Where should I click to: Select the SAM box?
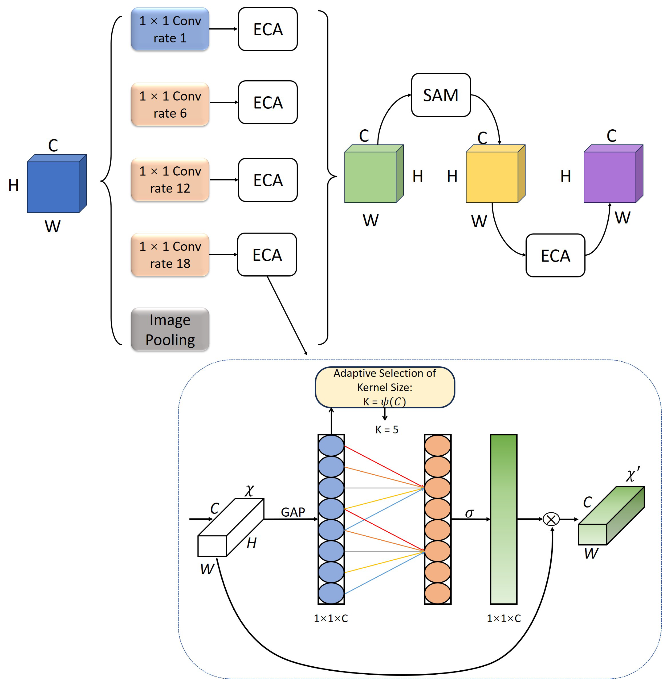[x=440, y=95]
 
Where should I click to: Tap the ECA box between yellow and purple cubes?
[x=555, y=255]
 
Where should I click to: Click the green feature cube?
[x=371, y=177]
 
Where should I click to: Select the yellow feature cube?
[x=492, y=177]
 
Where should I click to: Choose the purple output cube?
[x=610, y=177]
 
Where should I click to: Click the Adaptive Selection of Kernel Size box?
[x=384, y=387]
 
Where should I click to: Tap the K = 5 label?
[x=387, y=429]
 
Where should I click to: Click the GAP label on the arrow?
[x=293, y=512]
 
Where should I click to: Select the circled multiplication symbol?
[x=551, y=519]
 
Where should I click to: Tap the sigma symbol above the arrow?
[x=469, y=513]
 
